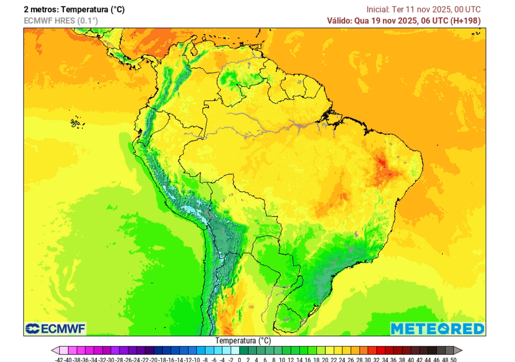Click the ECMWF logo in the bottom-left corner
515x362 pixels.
tap(55, 329)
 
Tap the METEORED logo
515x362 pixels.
tap(438, 329)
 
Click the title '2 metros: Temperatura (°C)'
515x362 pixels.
tap(74, 10)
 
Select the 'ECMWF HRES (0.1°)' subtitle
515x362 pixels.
tap(61, 21)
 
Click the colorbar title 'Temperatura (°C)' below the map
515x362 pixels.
tap(243, 340)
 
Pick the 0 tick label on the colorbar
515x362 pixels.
tap(239, 359)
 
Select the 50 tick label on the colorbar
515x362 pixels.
tap(453, 359)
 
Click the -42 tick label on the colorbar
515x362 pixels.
tap(59, 359)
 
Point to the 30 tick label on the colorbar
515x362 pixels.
tap(368, 359)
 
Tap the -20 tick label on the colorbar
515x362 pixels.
tap(153, 359)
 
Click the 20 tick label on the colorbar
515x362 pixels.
tap(325, 359)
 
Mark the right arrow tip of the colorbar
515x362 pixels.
tap(461, 350)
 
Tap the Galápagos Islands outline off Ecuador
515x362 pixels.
tap(76, 122)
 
